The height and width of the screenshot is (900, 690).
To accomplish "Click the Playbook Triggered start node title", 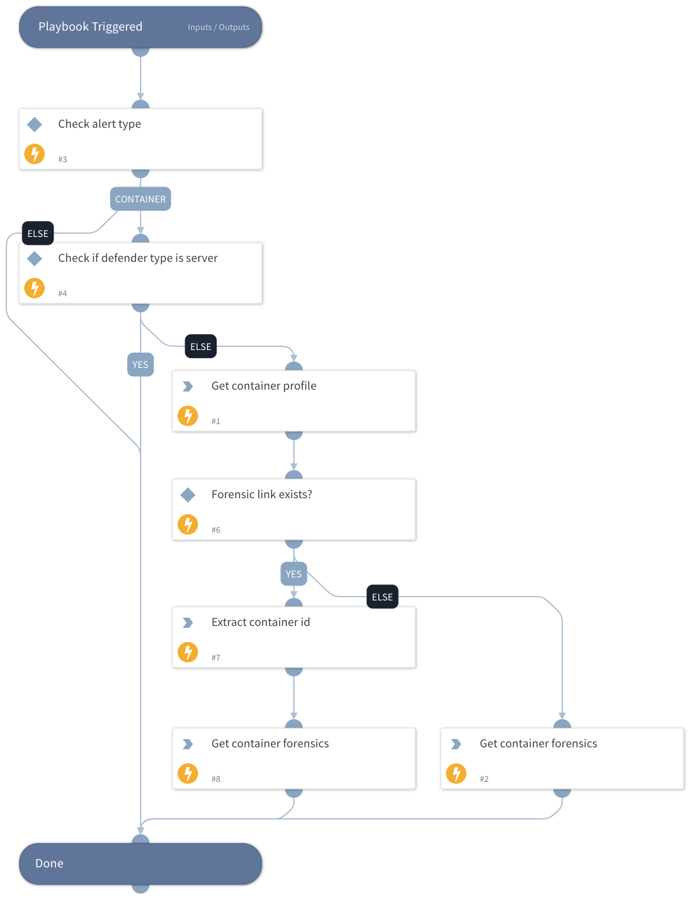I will point(90,27).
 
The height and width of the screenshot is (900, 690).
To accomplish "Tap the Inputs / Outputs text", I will point(218,27).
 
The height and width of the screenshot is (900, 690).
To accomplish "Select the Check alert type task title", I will point(99,124).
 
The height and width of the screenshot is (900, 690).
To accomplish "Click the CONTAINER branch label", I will point(141,199).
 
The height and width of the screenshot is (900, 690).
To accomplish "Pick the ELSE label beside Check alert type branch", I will point(38,234).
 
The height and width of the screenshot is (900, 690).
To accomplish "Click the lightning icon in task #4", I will point(34,288).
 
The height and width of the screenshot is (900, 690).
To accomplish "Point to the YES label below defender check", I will point(141,365).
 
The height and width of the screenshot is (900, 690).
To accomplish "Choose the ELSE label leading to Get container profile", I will point(201,347).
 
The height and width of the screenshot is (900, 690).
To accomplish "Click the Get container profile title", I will point(264,386).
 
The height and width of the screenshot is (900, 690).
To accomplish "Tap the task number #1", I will point(216,422).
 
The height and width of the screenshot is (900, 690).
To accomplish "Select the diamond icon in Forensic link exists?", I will point(188,494).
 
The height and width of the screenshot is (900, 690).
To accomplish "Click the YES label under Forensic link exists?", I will point(294,574).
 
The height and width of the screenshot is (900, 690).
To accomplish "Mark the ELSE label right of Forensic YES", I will point(382,597).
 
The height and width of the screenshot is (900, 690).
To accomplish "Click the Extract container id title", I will point(261,622).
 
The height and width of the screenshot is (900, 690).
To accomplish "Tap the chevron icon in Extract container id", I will point(188,623).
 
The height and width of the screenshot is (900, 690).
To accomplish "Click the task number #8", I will point(216,779).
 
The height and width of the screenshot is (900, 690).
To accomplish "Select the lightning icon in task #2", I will point(456,774).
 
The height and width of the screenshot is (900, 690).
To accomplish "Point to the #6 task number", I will point(216,530).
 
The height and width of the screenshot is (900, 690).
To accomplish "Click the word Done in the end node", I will point(49,864).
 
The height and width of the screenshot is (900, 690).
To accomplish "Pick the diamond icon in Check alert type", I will point(34,125).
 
